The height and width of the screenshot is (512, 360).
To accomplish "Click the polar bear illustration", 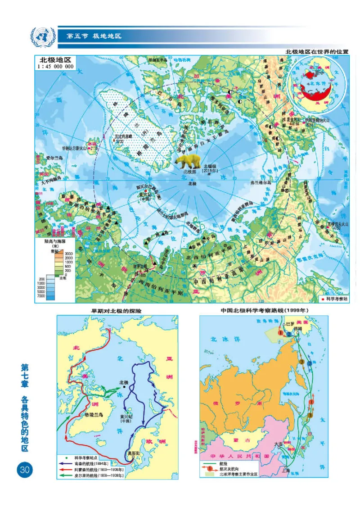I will pos(188,161).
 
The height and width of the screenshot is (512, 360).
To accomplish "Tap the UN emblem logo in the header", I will pos(43,36).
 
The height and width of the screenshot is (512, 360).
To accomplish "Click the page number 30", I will pos(24,470).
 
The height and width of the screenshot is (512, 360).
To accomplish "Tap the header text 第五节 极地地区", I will pos(94,36).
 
